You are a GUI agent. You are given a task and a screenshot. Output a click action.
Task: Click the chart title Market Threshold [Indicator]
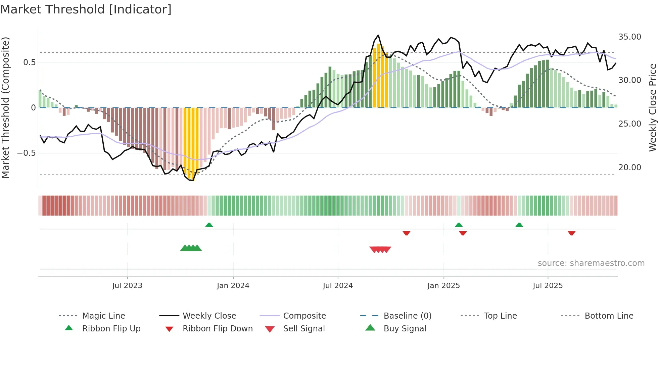coord(86,9)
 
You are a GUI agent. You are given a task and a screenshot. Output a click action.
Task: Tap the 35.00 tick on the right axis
coord(629,37)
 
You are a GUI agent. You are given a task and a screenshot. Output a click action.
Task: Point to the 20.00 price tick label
coord(629,167)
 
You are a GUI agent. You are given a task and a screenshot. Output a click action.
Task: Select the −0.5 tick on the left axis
coord(26,153)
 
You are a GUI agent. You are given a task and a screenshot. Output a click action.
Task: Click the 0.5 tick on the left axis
coord(29,62)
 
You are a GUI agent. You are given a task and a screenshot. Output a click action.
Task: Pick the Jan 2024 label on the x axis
coord(233,286)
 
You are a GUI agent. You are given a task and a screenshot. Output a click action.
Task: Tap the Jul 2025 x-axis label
coord(548,286)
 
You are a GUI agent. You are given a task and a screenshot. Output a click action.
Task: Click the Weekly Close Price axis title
coord(652,107)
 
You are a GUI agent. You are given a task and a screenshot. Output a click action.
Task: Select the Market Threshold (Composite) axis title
coord(5,107)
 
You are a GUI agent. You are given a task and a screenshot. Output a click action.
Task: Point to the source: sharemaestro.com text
coord(591,263)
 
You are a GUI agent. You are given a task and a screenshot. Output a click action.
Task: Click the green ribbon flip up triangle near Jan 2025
coord(459,225)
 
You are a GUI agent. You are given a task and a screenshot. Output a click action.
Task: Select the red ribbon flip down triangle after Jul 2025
coord(571,233)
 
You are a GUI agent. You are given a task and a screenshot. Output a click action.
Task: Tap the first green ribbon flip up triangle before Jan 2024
coord(209,225)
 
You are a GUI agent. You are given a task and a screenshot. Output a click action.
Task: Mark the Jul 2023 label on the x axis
coord(127,286)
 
